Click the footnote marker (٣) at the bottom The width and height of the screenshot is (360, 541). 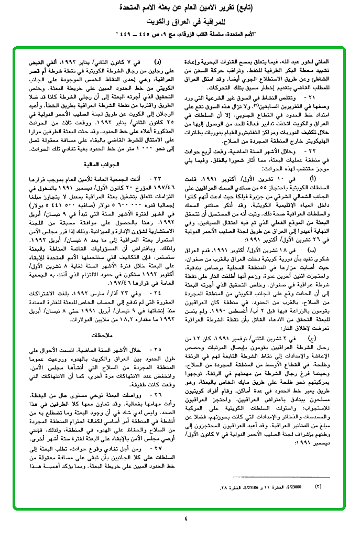tap(318, 486)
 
